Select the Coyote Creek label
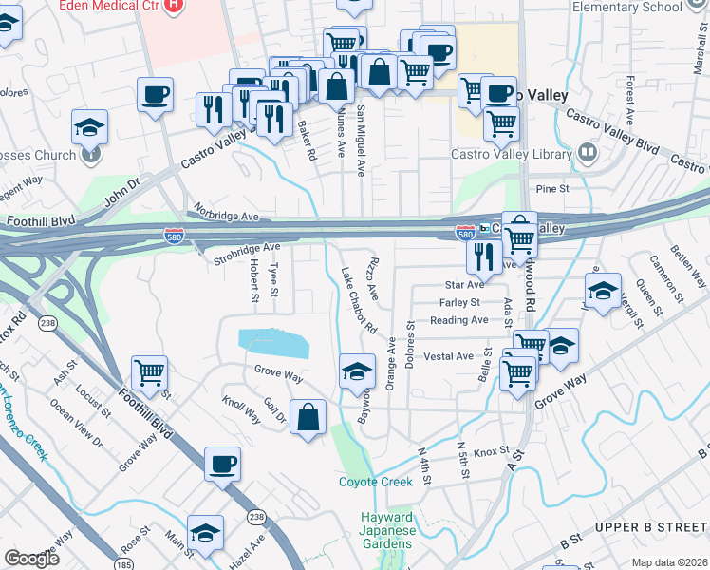click(x=376, y=482)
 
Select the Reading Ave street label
click(x=458, y=320)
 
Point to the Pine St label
click(x=551, y=189)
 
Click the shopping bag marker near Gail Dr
click(x=308, y=417)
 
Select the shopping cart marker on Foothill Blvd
click(x=150, y=374)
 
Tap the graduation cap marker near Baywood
click(x=357, y=370)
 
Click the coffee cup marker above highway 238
click(x=222, y=464)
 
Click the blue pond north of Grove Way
click(x=273, y=343)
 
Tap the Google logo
click(x=31, y=559)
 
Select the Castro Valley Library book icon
click(x=588, y=152)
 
